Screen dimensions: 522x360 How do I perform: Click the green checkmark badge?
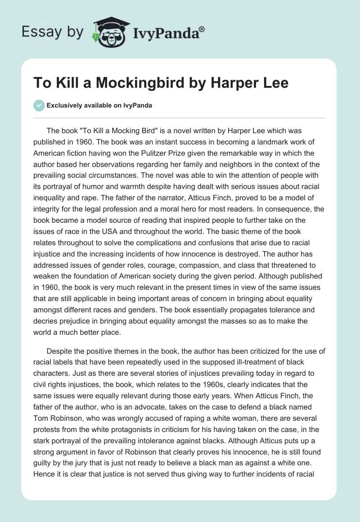tap(39, 106)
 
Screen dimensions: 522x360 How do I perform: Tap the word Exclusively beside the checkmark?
tap(64, 106)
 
